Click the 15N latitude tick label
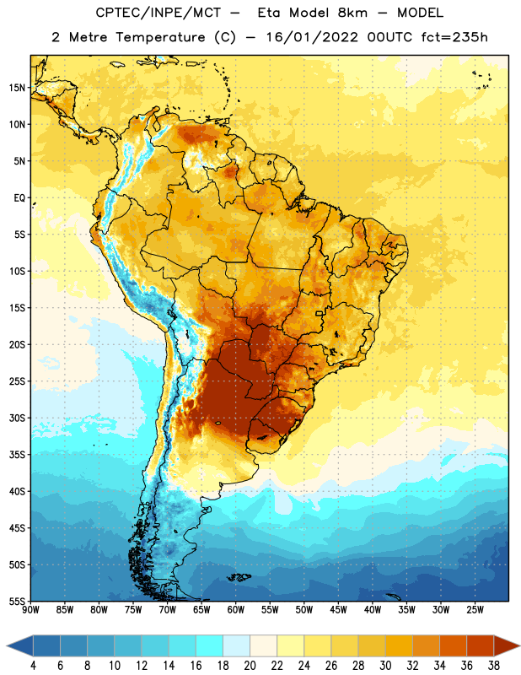(x=17, y=88)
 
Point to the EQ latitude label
(x=19, y=198)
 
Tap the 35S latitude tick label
(x=17, y=455)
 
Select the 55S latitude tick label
(x=17, y=602)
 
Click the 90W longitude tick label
(x=30, y=610)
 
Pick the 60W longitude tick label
(x=236, y=610)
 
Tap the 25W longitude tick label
(x=475, y=610)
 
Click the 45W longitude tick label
(x=338, y=610)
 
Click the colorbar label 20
(x=250, y=666)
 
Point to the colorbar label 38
(x=494, y=666)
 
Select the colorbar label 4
(x=33, y=666)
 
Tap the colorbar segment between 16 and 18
(x=210, y=645)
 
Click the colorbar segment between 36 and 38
(x=481, y=645)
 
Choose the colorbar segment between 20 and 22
(x=263, y=645)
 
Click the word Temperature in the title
(x=160, y=37)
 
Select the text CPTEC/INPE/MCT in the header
(x=158, y=13)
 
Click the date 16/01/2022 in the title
(x=312, y=37)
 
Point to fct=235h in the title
(x=454, y=37)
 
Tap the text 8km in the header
(x=352, y=13)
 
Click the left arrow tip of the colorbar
(x=7, y=645)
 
